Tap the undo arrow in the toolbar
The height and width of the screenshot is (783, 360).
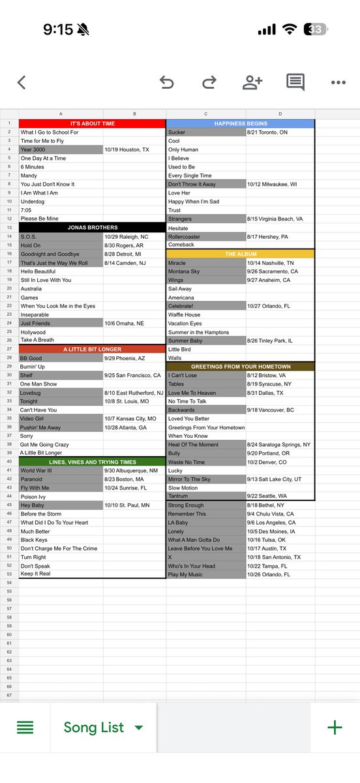(167, 82)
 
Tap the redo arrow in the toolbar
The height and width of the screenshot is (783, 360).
(209, 82)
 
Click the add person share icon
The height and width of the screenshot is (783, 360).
(252, 82)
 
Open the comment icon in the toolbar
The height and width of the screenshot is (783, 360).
(295, 82)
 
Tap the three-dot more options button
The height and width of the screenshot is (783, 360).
(338, 83)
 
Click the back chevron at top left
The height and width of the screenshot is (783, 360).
(22, 82)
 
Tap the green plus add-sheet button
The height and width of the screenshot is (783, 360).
(335, 728)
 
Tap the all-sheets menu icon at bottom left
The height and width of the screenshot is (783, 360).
(25, 728)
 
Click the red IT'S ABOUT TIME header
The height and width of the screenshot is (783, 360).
(92, 123)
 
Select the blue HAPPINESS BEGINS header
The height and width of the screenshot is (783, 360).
(240, 123)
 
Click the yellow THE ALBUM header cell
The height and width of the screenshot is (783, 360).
(240, 254)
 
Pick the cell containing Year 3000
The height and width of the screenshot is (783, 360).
(61, 149)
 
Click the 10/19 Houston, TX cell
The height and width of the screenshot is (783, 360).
(134, 149)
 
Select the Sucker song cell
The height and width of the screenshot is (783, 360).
(205, 132)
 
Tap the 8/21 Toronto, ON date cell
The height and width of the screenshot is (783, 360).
(280, 132)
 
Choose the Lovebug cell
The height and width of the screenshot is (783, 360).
(61, 393)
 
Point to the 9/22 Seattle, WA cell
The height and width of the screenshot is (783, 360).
(280, 497)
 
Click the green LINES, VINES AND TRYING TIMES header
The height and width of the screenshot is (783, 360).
(92, 462)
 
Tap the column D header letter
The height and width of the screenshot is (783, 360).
(280, 114)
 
